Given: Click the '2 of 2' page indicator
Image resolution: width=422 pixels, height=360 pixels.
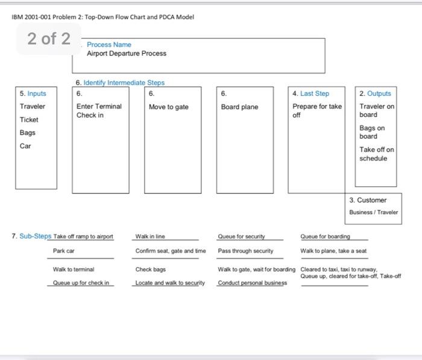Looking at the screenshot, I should tap(49, 39).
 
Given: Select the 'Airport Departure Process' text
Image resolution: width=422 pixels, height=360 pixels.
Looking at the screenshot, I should tap(126, 54).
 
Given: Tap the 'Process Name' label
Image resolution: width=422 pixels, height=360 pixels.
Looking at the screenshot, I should tap(109, 45).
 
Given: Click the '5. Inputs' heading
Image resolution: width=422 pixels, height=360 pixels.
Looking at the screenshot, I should tap(33, 93).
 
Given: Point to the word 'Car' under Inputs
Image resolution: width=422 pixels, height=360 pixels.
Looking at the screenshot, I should tap(25, 146).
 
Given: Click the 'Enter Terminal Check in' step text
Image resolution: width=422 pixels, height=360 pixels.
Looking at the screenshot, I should tap(99, 111).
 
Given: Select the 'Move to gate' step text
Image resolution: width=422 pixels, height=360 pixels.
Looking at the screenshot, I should tap(169, 107).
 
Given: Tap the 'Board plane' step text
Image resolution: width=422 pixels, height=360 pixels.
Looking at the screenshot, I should tap(239, 107).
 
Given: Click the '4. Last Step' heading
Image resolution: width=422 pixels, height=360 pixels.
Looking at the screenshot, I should tap(310, 93).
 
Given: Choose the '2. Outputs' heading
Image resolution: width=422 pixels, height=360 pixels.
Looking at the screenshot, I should tap(375, 93).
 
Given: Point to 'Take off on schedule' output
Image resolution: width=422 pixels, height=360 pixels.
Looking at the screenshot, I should tap(377, 154).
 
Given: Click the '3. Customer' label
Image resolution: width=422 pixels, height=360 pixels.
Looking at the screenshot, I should tap(368, 200).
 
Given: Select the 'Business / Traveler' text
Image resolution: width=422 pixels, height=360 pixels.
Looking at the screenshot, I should tap(373, 212).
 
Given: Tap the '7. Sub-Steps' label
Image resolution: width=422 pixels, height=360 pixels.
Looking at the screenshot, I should tap(31, 236).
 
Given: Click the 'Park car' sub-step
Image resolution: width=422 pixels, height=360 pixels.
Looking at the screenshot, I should tap(64, 251).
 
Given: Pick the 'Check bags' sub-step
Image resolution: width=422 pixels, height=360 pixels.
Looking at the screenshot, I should tap(151, 270).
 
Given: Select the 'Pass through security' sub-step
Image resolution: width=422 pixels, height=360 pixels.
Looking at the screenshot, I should tap(245, 251).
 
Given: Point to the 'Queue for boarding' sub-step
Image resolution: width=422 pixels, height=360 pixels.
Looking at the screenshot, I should tap(325, 236).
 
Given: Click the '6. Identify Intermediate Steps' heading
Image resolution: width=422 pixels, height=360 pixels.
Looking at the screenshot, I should tap(120, 83).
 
